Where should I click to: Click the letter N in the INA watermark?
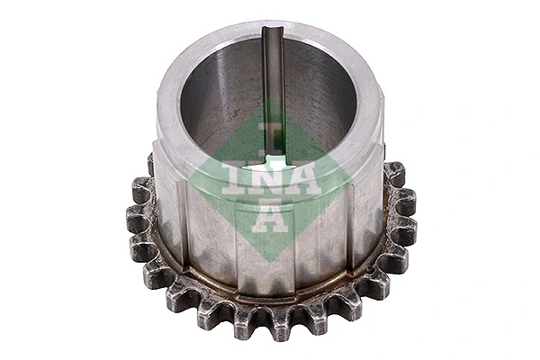point(270,178)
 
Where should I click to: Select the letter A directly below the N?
point(270,219)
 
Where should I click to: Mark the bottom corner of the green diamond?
point(270,258)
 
